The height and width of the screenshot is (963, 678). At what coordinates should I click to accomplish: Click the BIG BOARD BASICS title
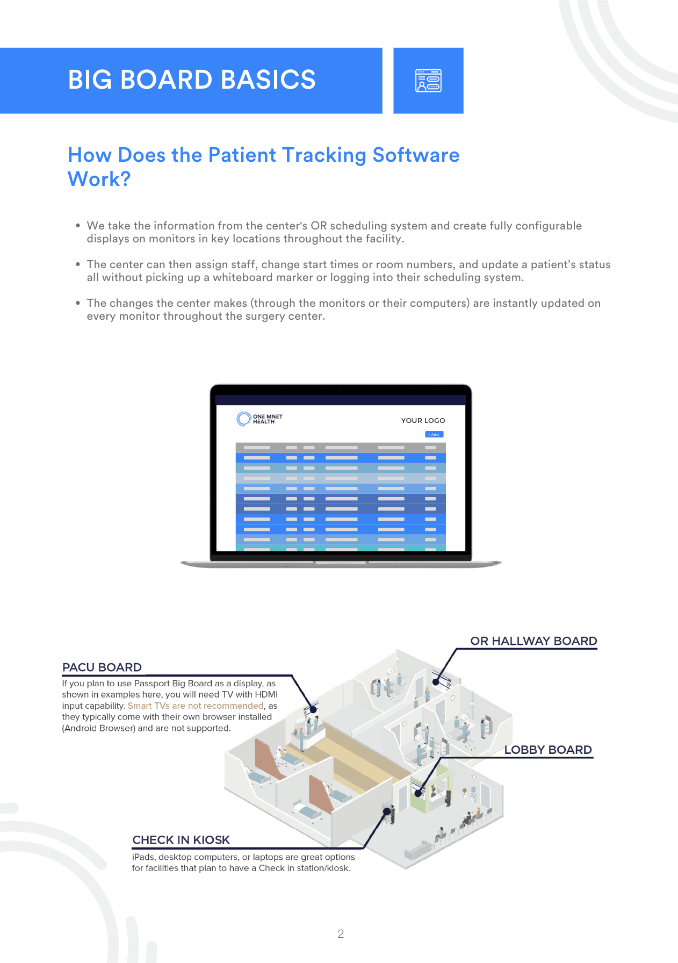pos(192,80)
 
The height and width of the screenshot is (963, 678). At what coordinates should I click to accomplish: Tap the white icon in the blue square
pos(428,81)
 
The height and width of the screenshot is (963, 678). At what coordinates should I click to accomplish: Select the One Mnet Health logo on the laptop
pos(259,419)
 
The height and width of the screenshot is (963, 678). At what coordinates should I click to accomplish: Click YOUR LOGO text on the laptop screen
pos(423,420)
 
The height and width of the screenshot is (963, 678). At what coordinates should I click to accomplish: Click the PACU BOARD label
pos(102,667)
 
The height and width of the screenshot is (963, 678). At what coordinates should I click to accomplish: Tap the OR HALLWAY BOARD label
pos(533,641)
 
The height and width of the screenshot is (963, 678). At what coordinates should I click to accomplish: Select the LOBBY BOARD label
pos(547,750)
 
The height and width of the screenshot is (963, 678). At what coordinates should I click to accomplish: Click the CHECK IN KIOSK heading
pos(181,840)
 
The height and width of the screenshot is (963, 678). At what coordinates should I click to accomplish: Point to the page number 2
pos(341,934)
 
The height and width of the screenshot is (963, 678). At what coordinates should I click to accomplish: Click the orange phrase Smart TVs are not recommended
pos(196,706)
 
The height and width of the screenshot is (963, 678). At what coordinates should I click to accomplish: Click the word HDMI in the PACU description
pos(266,694)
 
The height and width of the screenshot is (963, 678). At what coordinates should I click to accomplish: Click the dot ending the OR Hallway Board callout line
pos(436,682)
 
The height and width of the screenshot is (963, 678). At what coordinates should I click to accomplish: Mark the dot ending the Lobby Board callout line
pos(418,793)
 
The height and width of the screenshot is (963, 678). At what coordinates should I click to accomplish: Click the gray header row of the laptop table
pos(341,448)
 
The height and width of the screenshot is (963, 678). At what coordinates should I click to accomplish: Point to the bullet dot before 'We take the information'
pos(78,226)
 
